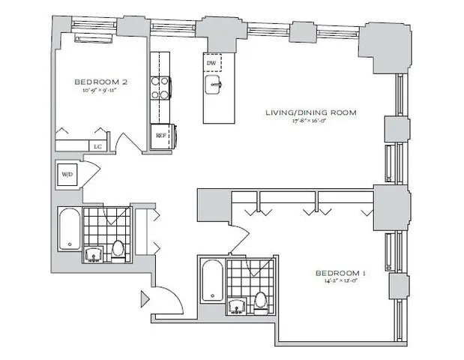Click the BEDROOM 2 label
97,81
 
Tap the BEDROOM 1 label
340,273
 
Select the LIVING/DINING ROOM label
310,112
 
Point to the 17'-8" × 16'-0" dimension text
310,121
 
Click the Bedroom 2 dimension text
97,90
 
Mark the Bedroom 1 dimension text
340,282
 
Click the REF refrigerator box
160,136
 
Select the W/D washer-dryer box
67,175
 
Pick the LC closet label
97,145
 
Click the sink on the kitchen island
214,84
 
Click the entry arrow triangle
144,301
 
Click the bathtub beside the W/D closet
69,231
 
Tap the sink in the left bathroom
94,254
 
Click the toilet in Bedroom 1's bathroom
261,301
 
